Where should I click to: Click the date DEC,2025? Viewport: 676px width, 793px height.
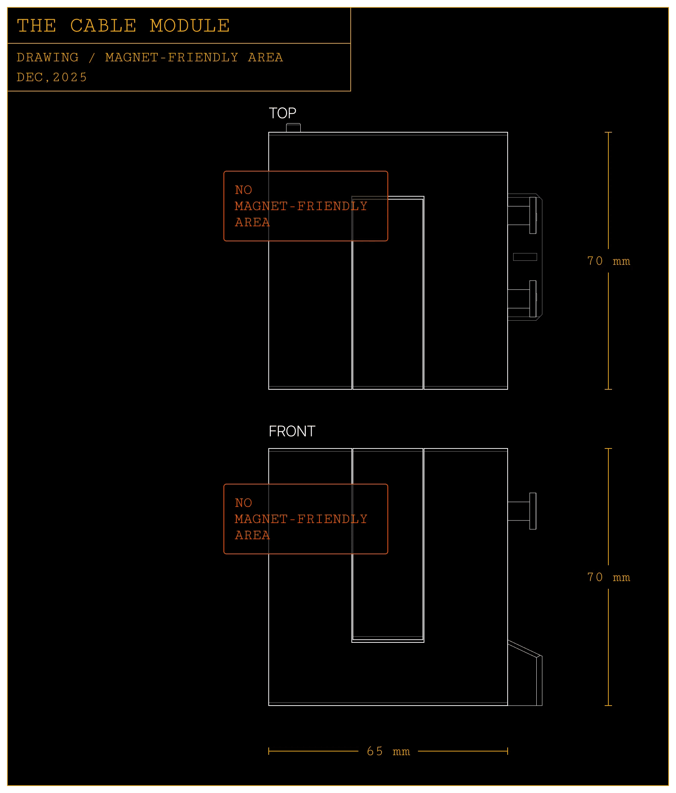click(x=52, y=77)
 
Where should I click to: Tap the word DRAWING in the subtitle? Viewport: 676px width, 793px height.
click(x=47, y=57)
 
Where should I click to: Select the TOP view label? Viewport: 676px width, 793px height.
click(x=282, y=113)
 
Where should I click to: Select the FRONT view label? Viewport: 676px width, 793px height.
click(x=292, y=431)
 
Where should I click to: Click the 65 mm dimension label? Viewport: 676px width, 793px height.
click(x=388, y=751)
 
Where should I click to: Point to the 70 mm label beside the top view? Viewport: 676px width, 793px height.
click(x=608, y=261)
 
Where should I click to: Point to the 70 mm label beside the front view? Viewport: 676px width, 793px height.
click(x=608, y=577)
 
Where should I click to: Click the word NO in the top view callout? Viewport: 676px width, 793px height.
click(x=243, y=190)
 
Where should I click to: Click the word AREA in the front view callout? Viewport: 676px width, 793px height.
click(x=252, y=535)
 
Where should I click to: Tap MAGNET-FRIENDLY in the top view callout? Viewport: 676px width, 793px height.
click(x=301, y=206)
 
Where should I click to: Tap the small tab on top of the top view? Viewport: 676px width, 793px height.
click(x=293, y=128)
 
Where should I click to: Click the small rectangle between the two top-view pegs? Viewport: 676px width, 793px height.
click(x=525, y=257)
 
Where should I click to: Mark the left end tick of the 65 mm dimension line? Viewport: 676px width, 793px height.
click(x=269, y=751)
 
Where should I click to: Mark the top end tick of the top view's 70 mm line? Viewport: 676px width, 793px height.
click(x=608, y=133)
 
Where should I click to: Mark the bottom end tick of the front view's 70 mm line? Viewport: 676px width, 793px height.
click(x=608, y=705)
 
